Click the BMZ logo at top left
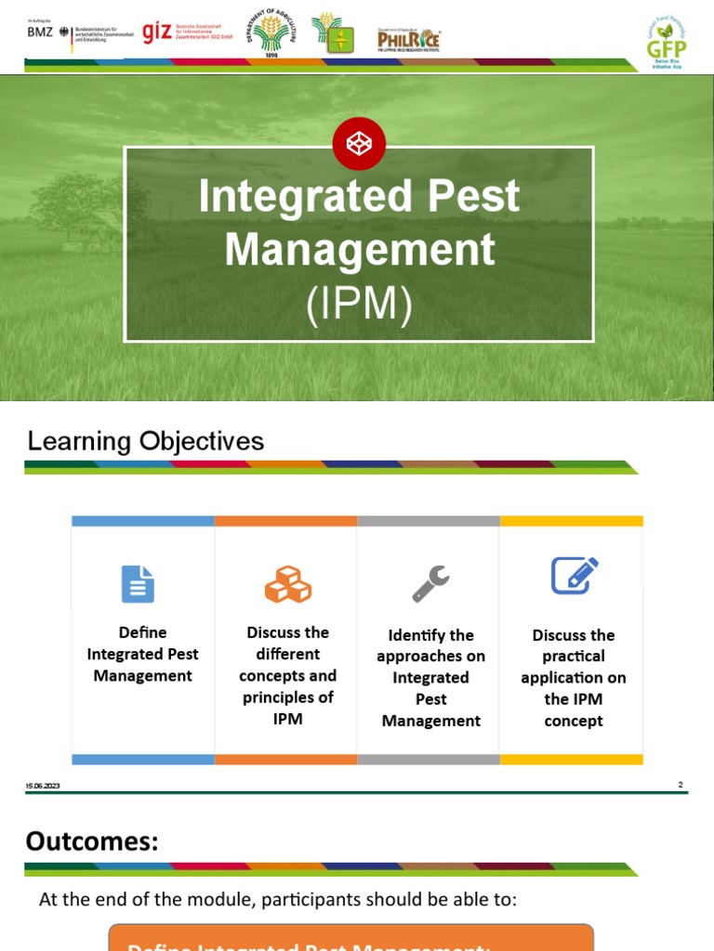pyautogui.click(x=41, y=33)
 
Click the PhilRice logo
pyautogui.click(x=408, y=39)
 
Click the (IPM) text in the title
pyautogui.click(x=359, y=306)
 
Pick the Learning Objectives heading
pyautogui.click(x=146, y=441)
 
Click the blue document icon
pyautogui.click(x=138, y=584)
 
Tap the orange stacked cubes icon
pyautogui.click(x=287, y=584)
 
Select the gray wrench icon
pyautogui.click(x=430, y=584)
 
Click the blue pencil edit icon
pyautogui.click(x=574, y=577)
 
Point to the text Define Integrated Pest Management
pyautogui.click(x=143, y=654)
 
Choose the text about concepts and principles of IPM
pyautogui.click(x=287, y=675)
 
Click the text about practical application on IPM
pyautogui.click(x=574, y=678)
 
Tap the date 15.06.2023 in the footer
pyautogui.click(x=42, y=788)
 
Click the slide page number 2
pyautogui.click(x=680, y=785)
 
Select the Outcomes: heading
pyautogui.click(x=92, y=841)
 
